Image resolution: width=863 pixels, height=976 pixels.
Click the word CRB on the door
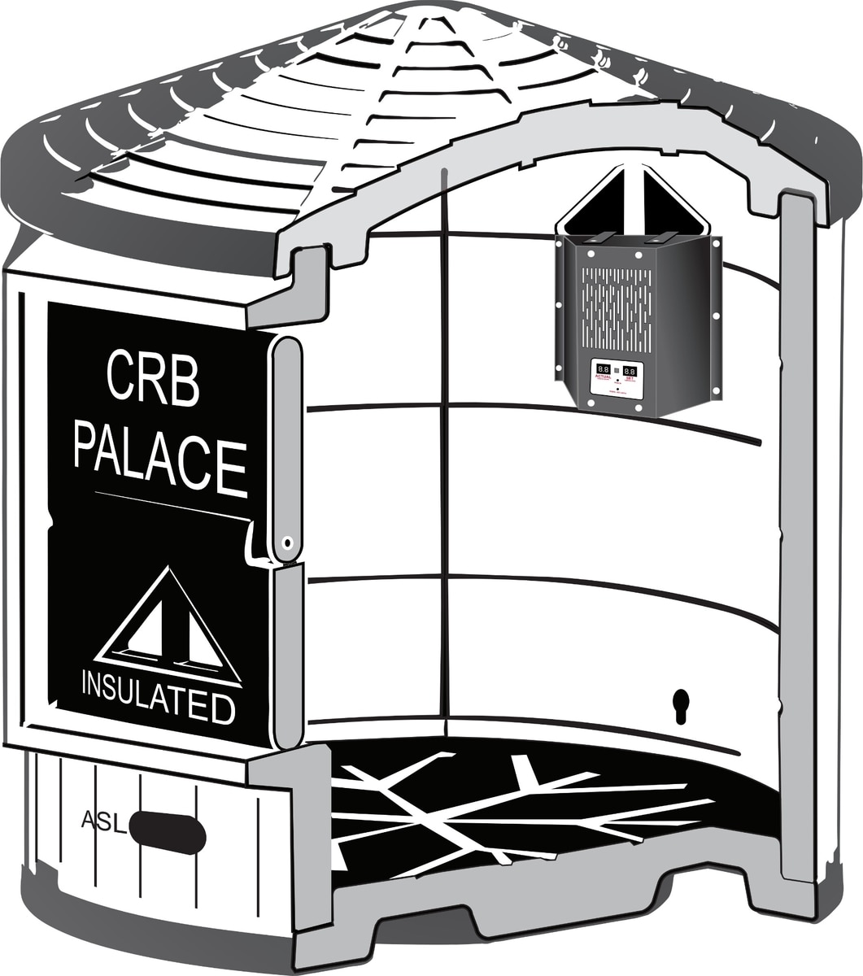tap(153, 378)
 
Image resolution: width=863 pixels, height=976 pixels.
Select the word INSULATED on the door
tap(158, 698)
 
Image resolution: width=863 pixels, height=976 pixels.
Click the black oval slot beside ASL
tap(167, 832)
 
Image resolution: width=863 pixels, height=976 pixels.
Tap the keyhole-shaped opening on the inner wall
tap(681, 704)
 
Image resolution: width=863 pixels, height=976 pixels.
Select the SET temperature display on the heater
tap(630, 371)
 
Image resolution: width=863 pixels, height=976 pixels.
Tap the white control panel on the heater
tap(617, 378)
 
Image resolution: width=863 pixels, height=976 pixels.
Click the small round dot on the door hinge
tap(286, 542)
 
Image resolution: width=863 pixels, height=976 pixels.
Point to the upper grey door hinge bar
tap(285, 447)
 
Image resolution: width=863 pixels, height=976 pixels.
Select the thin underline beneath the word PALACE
tap(171, 505)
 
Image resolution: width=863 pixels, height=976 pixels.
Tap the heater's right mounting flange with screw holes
tap(715, 317)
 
